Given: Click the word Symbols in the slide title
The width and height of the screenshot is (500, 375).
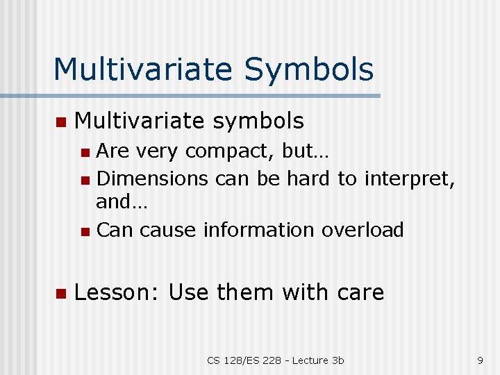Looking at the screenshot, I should coord(309,70).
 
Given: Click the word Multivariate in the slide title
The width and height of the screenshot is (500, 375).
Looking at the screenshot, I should coord(144,69).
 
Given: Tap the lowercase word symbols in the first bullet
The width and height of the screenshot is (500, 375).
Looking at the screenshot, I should coord(258,122).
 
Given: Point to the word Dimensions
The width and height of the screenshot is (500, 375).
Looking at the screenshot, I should coord(152,178).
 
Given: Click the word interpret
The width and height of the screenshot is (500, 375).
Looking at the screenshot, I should coord(407,178).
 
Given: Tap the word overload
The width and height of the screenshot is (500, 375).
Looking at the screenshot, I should coord(362,230).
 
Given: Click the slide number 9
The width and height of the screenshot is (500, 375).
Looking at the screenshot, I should coord(480,360).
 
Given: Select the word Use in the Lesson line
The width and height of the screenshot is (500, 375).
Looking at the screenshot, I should coord(189,292).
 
